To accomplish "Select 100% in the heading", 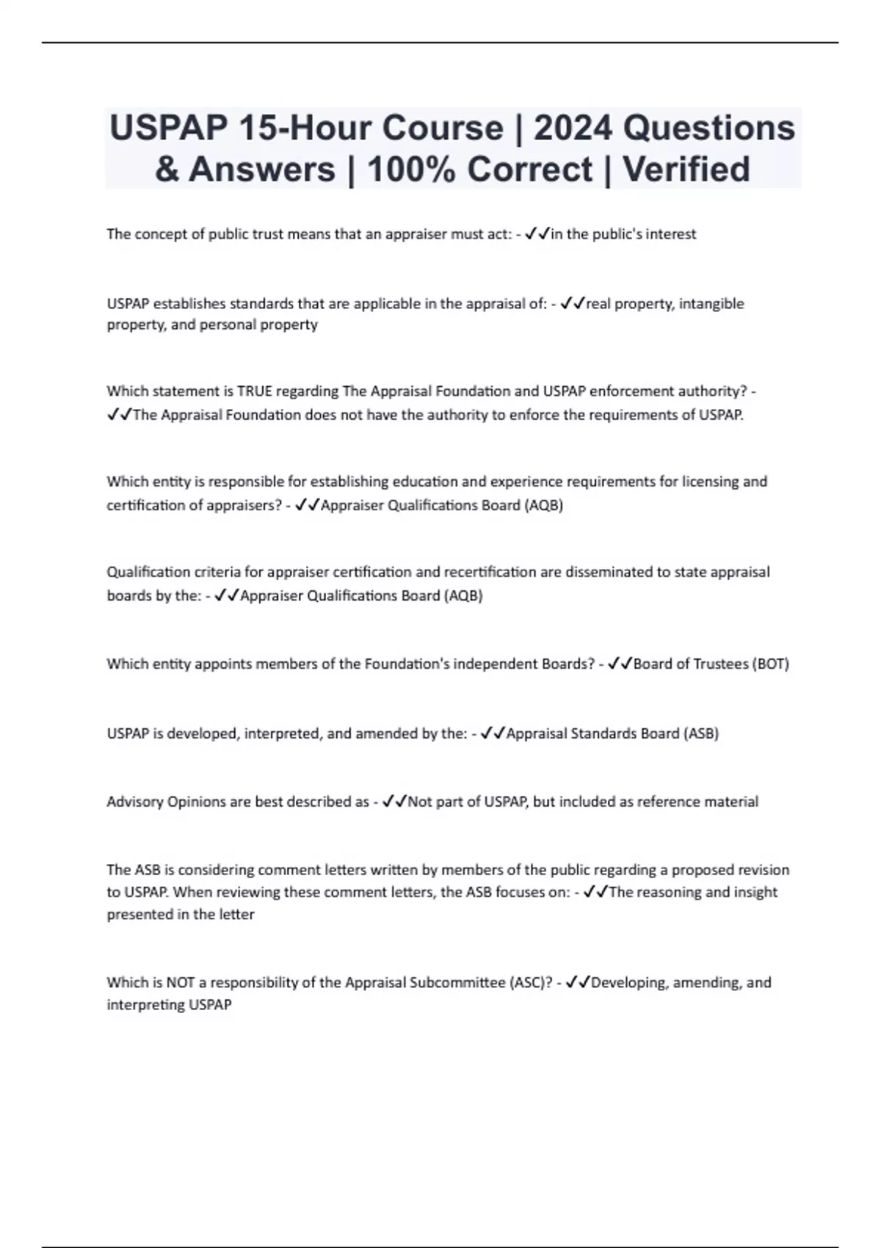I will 408,169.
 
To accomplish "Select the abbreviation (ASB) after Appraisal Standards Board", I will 701,733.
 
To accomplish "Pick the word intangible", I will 711,304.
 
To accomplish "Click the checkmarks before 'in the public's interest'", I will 537,234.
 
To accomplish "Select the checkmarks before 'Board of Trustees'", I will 620,664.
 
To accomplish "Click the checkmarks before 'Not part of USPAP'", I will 395,802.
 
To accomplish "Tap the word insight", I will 755,893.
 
